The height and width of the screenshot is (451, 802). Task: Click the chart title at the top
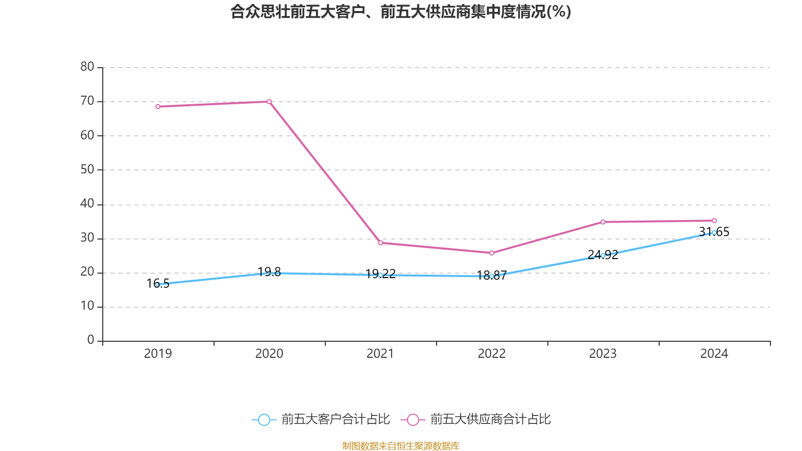tap(400, 12)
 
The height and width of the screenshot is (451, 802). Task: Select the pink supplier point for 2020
tap(269, 102)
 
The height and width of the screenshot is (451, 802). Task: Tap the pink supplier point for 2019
tap(158, 107)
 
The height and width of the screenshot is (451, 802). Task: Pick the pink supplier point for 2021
tap(380, 243)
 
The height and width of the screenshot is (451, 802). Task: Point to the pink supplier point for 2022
tap(492, 253)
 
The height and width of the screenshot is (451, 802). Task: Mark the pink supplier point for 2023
tap(603, 222)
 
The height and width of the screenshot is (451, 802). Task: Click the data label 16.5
tap(158, 284)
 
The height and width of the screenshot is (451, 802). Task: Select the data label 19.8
tap(269, 272)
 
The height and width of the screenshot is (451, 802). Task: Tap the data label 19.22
tap(380, 274)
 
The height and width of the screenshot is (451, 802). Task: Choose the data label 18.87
tap(492, 276)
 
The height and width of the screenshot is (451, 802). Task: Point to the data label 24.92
tap(603, 255)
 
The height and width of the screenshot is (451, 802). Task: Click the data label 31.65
tap(714, 232)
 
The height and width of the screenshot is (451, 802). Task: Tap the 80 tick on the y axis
tap(87, 67)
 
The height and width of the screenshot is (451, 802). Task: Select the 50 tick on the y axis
tap(87, 170)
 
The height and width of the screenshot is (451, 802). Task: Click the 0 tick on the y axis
tap(91, 340)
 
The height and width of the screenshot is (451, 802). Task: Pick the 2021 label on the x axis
tap(380, 354)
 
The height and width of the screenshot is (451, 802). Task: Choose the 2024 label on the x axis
tap(714, 354)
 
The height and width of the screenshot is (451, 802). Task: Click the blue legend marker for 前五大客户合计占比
tap(264, 419)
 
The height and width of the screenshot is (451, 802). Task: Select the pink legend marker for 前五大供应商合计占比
tap(413, 419)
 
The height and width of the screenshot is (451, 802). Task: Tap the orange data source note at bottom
tap(400, 445)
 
